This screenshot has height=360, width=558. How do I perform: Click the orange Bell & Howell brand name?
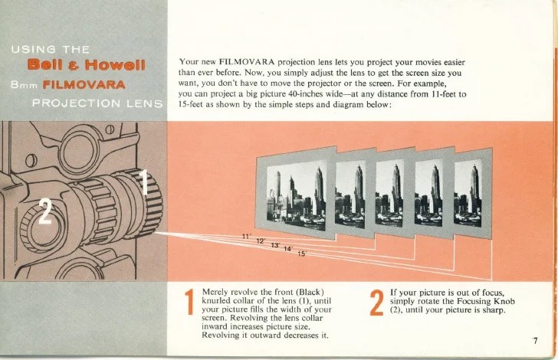click(x=87, y=65)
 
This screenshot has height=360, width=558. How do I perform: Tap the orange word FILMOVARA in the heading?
click(x=84, y=85)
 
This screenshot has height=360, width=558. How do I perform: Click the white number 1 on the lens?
click(x=143, y=182)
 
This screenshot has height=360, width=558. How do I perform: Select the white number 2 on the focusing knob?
click(x=44, y=211)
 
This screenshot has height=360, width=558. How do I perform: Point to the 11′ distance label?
click(x=247, y=236)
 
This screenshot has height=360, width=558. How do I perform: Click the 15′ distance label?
click(x=302, y=254)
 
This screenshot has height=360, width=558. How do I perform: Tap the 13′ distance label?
click(x=275, y=245)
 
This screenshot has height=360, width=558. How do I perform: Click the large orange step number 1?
click(x=190, y=302)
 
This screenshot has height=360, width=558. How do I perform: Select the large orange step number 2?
click(x=377, y=303)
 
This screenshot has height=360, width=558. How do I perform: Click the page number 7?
click(x=535, y=341)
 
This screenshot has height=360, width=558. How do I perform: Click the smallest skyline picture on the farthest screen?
click(x=468, y=193)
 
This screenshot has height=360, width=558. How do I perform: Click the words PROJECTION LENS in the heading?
click(x=97, y=103)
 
